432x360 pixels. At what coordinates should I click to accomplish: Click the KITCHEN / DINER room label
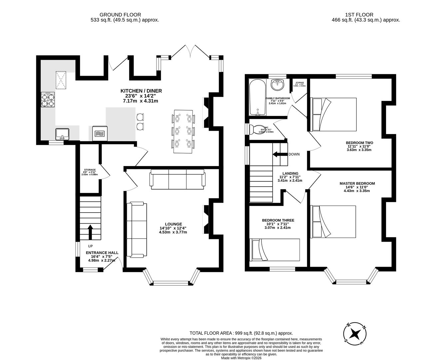[x=141, y=91]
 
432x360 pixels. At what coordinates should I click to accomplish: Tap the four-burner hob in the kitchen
[x=48, y=100]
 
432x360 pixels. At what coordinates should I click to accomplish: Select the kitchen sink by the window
[x=62, y=134]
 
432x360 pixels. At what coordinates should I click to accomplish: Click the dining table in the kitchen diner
[x=183, y=131]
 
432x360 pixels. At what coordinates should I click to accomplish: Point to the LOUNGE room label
[x=173, y=224]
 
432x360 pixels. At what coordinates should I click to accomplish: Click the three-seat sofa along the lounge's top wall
[x=178, y=179]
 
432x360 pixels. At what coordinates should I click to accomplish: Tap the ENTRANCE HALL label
[x=102, y=253]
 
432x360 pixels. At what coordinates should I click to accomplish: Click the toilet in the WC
[x=257, y=129]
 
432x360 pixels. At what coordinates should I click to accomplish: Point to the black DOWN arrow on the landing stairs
[x=280, y=154]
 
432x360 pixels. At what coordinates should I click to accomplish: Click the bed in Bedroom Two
[x=334, y=114]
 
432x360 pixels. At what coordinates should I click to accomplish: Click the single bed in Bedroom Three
[x=275, y=250]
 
